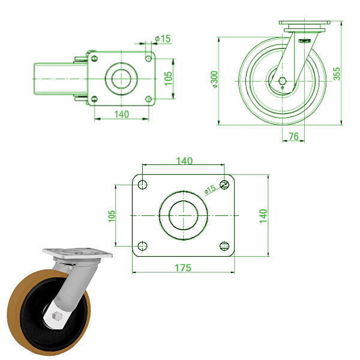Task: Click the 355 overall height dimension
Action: [x=337, y=73]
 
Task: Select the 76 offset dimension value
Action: [x=293, y=137]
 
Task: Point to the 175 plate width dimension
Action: [x=184, y=268]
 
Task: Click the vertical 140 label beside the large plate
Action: [x=263, y=215]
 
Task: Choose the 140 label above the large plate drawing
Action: [x=184, y=161]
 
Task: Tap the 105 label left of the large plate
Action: [x=112, y=215]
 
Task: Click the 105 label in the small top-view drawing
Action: [x=169, y=78]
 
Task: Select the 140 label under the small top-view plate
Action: [x=121, y=113]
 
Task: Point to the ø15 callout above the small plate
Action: [x=163, y=38]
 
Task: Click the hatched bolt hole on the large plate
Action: [x=224, y=184]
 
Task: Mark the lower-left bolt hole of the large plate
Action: [x=142, y=245]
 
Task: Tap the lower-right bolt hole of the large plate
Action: [x=225, y=245]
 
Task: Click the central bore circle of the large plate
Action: [x=184, y=215]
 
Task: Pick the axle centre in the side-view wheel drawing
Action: [x=283, y=80]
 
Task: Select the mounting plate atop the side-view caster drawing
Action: [x=305, y=25]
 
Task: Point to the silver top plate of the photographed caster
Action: [x=78, y=253]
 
